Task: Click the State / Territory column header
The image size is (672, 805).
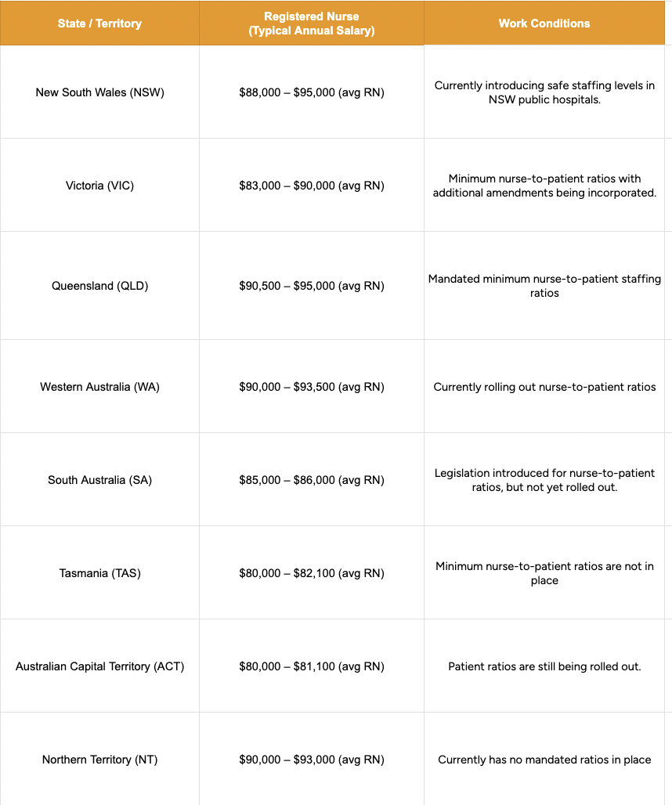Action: click(x=99, y=23)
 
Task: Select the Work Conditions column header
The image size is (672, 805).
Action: click(x=544, y=23)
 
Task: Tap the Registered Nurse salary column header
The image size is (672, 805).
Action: click(x=312, y=23)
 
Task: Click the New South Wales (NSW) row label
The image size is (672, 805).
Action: click(x=99, y=92)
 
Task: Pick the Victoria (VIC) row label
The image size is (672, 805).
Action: click(x=99, y=186)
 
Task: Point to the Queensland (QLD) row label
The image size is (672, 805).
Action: click(x=99, y=286)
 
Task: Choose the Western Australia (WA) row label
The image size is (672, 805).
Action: click(x=99, y=387)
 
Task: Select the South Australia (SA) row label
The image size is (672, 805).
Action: click(x=99, y=480)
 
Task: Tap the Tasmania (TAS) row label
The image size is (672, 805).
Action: click(x=99, y=573)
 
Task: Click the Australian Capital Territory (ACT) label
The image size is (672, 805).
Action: click(x=99, y=666)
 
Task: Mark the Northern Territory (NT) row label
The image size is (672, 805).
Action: click(x=99, y=760)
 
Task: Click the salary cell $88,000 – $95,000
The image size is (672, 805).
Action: click(x=312, y=92)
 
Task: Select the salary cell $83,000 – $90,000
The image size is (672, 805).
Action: click(x=312, y=186)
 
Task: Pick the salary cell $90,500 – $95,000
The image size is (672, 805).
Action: click(x=312, y=286)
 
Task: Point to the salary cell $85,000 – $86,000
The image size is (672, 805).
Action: click(x=312, y=480)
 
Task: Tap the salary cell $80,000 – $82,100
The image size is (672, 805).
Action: click(x=312, y=573)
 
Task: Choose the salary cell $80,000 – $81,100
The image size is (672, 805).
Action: click(x=312, y=666)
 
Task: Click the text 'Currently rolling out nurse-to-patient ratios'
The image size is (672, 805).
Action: click(x=544, y=387)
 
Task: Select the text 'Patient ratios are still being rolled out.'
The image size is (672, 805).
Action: click(x=544, y=666)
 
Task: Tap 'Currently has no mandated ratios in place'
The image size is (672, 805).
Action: click(x=544, y=760)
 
